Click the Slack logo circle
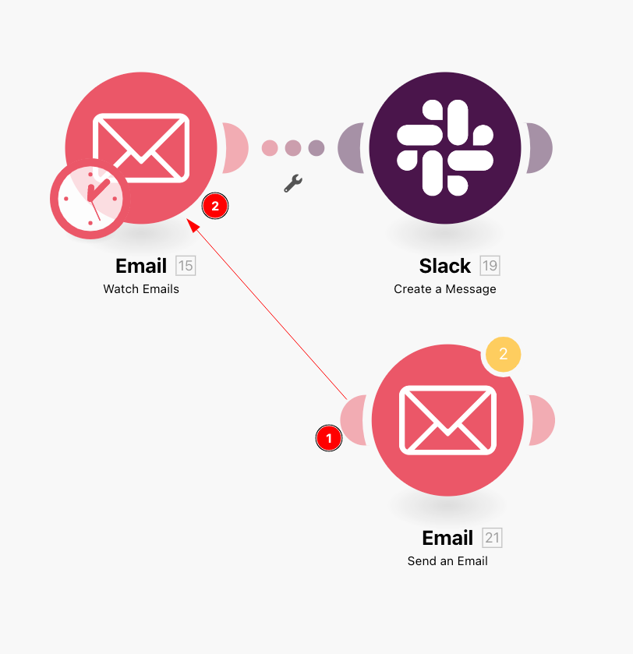445,148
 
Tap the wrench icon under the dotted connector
292,183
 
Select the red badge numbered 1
329,439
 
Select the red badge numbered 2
215,206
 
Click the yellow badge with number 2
503,355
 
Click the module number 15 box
186,266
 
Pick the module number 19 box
490,266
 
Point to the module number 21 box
492,538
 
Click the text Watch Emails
141,289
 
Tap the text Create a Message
445,289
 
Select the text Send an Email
447,561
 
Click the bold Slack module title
445,266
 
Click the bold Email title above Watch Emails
141,266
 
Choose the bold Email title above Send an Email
447,538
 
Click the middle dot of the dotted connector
293,148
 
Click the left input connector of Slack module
350,148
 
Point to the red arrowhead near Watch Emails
192,224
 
